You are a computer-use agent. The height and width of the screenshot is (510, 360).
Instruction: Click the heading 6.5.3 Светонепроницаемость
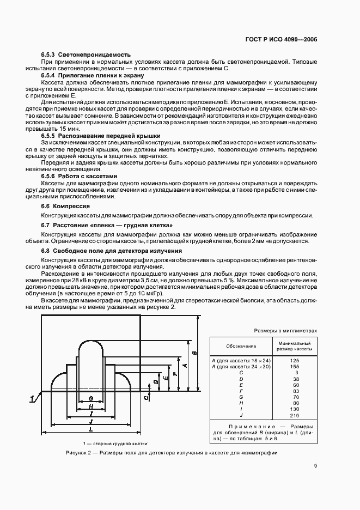point(86,55)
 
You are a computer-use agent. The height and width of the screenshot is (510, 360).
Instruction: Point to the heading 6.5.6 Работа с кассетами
point(80,176)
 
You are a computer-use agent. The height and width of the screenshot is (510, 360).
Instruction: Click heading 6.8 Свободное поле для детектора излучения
point(112,250)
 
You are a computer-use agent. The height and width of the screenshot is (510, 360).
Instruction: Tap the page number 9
point(315,465)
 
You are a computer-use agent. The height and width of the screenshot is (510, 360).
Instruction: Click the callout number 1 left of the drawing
point(33,399)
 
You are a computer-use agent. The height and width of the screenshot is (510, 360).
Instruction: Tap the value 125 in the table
point(295,361)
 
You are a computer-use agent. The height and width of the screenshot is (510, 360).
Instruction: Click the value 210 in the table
point(295,415)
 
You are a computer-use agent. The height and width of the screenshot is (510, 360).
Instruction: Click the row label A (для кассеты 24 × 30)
point(238,367)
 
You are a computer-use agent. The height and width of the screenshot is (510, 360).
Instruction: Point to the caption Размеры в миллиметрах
point(285,331)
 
